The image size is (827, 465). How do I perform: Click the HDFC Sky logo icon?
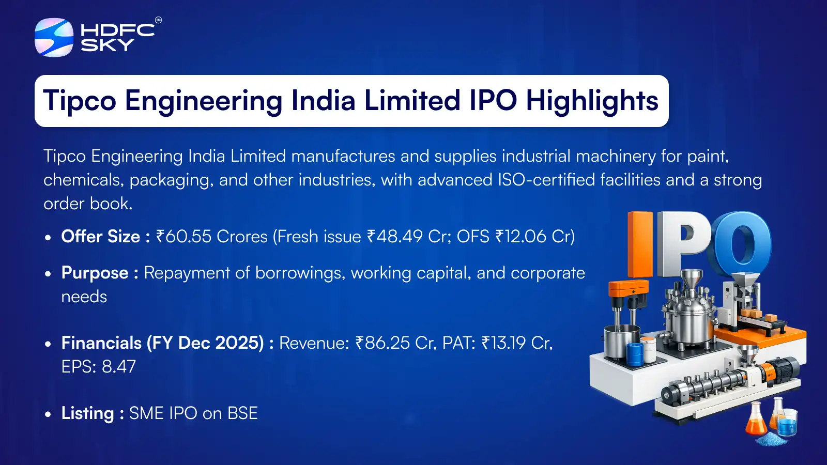[x=54, y=37]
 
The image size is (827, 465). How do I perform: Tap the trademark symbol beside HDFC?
[x=158, y=20]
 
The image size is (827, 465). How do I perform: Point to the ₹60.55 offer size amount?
[x=183, y=237]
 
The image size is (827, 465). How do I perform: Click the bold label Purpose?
[x=95, y=273]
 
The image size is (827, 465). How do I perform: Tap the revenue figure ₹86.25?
[x=382, y=343]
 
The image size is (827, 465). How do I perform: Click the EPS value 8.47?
[x=119, y=367]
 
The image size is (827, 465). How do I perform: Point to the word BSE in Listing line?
[x=242, y=413]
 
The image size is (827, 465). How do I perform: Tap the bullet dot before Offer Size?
[x=48, y=238]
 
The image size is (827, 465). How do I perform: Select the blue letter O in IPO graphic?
[x=742, y=243]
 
